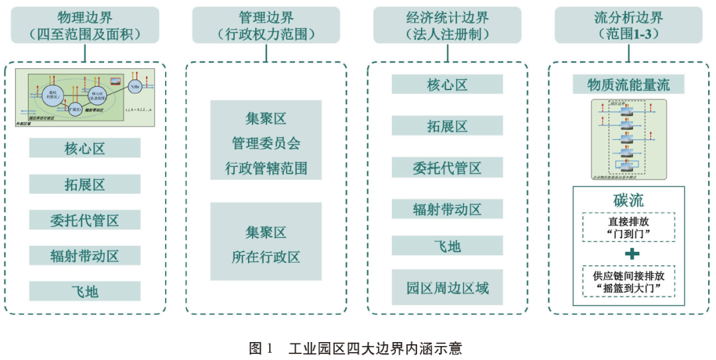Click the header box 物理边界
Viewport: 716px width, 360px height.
tap(85, 25)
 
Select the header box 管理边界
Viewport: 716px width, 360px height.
tap(266, 25)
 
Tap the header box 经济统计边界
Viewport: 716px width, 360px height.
tap(447, 25)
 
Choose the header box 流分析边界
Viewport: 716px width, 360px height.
tap(628, 25)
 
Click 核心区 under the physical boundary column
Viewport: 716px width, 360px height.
tap(85, 148)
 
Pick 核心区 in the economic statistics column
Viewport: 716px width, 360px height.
tap(447, 84)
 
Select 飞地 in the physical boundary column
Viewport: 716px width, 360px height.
tap(85, 291)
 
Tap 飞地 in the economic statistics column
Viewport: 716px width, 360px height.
tap(447, 246)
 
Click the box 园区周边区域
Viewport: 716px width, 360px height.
tap(447, 288)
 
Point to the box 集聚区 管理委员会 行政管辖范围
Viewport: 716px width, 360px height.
tap(266, 140)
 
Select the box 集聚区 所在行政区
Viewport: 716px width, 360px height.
tap(266, 241)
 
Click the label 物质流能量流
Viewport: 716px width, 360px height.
tap(628, 84)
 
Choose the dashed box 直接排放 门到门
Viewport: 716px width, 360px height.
tap(628, 227)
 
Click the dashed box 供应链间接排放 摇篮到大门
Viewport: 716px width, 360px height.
tap(628, 282)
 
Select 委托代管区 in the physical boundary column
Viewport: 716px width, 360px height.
tap(85, 219)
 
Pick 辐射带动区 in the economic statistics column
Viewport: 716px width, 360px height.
tap(447, 210)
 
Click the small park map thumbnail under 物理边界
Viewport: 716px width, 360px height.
tap(85, 97)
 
